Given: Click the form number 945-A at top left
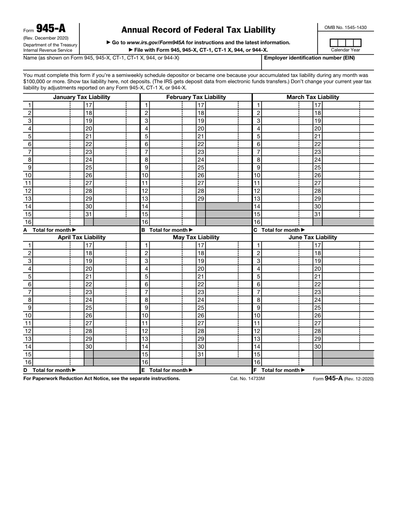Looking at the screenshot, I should tap(51, 28).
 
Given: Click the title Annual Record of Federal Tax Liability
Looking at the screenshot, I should tap(198, 30).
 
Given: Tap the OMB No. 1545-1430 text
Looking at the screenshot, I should tap(346, 28).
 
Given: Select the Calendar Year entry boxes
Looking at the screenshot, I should tap(345, 43).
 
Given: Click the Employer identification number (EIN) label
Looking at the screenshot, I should tap(309, 58).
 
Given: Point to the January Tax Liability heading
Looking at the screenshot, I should tap(81, 97).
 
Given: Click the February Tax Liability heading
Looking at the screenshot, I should tap(196, 97).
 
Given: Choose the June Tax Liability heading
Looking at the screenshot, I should tap(313, 237).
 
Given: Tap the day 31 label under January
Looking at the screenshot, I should tap(89, 214).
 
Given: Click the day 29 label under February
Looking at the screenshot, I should tap(201, 199).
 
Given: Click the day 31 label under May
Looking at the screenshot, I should tap(201, 354).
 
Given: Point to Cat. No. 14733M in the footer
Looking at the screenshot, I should tap(247, 378).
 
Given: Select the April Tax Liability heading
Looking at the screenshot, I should tap(81, 237).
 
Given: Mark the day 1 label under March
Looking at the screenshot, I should tap(259, 105).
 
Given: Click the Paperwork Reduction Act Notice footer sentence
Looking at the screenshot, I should tap(102, 378).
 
